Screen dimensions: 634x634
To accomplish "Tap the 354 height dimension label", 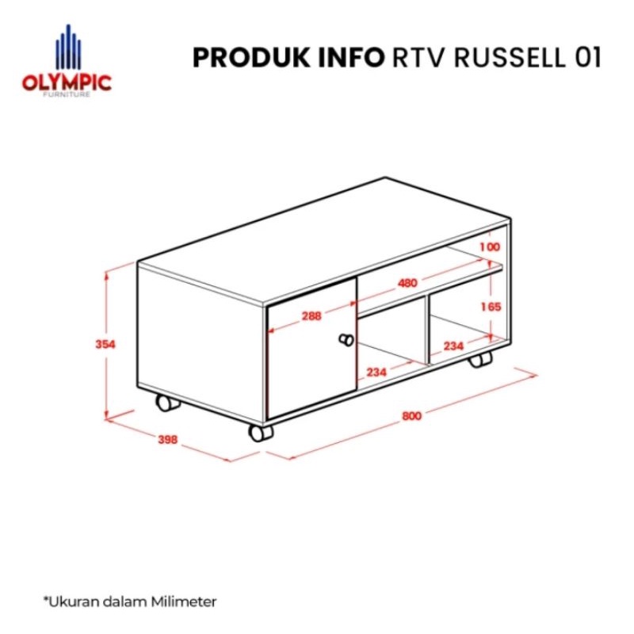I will [x=106, y=345].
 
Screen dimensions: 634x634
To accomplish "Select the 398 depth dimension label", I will [x=166, y=439].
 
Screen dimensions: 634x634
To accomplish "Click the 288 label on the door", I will [x=311, y=315].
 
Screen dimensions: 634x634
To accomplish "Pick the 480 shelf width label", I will [x=407, y=283].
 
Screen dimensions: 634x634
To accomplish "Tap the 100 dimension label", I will [x=490, y=247].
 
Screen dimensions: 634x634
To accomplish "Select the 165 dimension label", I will [x=490, y=307].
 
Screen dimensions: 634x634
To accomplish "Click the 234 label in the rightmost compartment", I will [x=453, y=346].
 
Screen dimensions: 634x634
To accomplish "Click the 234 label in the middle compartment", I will [x=377, y=372].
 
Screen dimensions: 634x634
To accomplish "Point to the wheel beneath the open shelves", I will [x=480, y=360].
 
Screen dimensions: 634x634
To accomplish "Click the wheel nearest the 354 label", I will [x=166, y=403].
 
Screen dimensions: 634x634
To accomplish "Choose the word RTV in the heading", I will [x=418, y=58].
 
